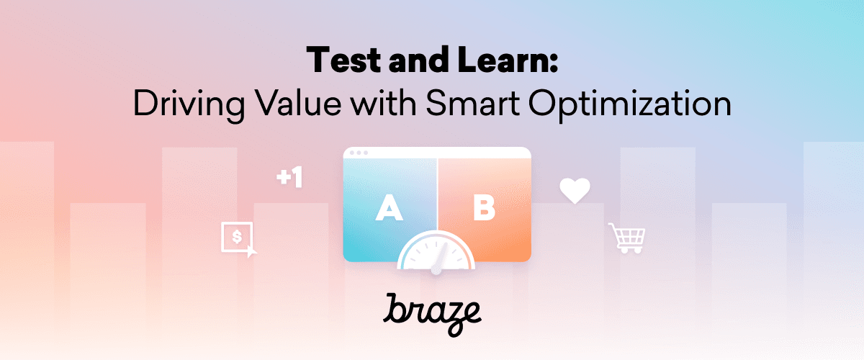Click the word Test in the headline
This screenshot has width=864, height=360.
344,60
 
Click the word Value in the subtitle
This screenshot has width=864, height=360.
299,103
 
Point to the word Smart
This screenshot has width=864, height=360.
473,103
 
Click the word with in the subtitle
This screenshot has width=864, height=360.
384,103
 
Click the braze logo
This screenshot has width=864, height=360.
432,314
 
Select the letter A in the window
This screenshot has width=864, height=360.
390,207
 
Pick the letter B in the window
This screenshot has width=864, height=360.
484,207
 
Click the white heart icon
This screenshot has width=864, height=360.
575,190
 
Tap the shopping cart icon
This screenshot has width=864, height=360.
627,238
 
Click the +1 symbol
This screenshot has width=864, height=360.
289,178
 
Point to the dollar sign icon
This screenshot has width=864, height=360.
237,237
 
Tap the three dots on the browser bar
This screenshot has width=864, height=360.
359,153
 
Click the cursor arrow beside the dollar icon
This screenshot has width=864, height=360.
251,252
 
